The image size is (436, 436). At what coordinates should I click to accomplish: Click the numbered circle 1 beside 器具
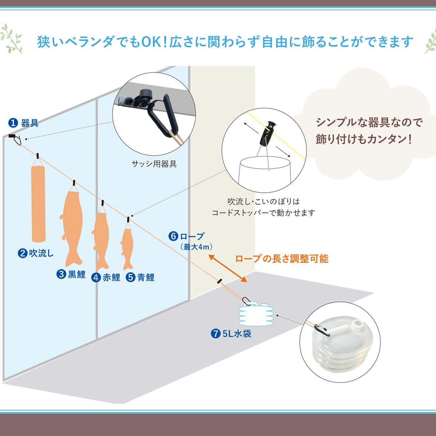click(x=13, y=123)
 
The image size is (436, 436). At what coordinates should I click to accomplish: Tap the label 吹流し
click(x=41, y=253)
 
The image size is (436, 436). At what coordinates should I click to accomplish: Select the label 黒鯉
click(x=76, y=274)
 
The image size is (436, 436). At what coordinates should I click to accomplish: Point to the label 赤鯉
click(x=111, y=278)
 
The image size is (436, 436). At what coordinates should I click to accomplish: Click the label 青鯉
click(x=145, y=278)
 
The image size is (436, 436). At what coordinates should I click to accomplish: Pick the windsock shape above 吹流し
click(x=38, y=203)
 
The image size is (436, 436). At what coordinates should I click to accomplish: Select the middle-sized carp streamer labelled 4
click(x=101, y=238)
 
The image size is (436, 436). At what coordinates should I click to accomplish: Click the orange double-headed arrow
click(x=228, y=268)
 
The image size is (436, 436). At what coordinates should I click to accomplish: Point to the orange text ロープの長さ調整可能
click(x=282, y=259)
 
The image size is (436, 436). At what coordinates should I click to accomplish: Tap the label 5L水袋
click(x=237, y=333)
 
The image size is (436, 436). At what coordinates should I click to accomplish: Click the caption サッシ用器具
click(x=154, y=164)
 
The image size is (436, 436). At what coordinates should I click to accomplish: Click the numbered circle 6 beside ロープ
click(x=173, y=236)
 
